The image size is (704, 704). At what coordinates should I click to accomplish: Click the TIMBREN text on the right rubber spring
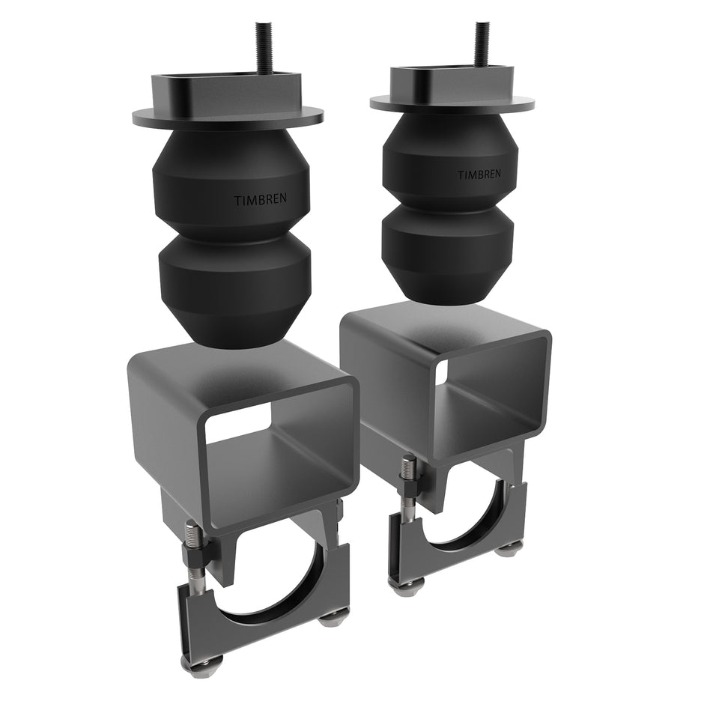coord(480,175)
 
